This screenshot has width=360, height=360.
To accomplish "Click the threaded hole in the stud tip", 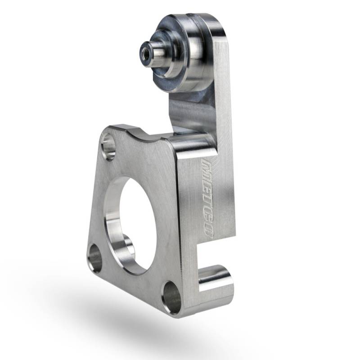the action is tap(146, 49).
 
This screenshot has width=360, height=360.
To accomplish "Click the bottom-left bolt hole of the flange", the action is tap(94, 258).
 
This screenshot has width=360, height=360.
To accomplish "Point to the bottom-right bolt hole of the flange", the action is tap(172, 297).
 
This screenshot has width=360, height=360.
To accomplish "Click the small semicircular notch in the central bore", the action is tap(127, 244).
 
